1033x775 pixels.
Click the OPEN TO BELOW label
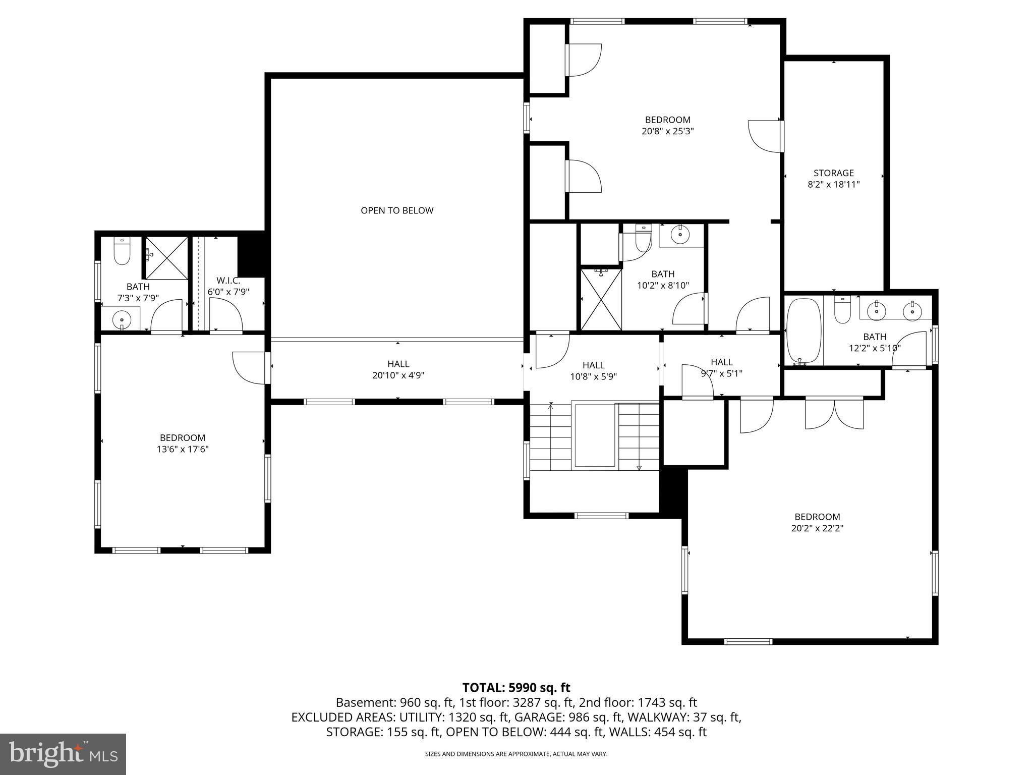pyautogui.click(x=397, y=210)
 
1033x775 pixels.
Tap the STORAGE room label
pyautogui.click(x=833, y=173)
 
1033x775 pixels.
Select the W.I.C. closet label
pyautogui.click(x=228, y=281)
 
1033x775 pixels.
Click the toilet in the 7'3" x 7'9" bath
pyautogui.click(x=122, y=251)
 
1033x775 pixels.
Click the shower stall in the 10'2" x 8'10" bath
pyautogui.click(x=601, y=299)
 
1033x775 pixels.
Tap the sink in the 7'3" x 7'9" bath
pyautogui.click(x=122, y=319)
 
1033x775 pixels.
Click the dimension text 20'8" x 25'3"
pyautogui.click(x=667, y=131)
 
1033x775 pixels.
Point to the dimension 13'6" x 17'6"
pyautogui.click(x=183, y=449)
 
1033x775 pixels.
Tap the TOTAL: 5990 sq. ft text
pyautogui.click(x=516, y=687)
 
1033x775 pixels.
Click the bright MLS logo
pyautogui.click(x=63, y=754)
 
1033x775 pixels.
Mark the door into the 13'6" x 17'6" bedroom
pyautogui.click(x=250, y=368)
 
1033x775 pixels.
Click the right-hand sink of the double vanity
pyautogui.click(x=912, y=310)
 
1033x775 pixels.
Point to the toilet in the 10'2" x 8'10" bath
pyautogui.click(x=643, y=239)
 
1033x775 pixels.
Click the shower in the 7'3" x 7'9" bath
pyautogui.click(x=166, y=258)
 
